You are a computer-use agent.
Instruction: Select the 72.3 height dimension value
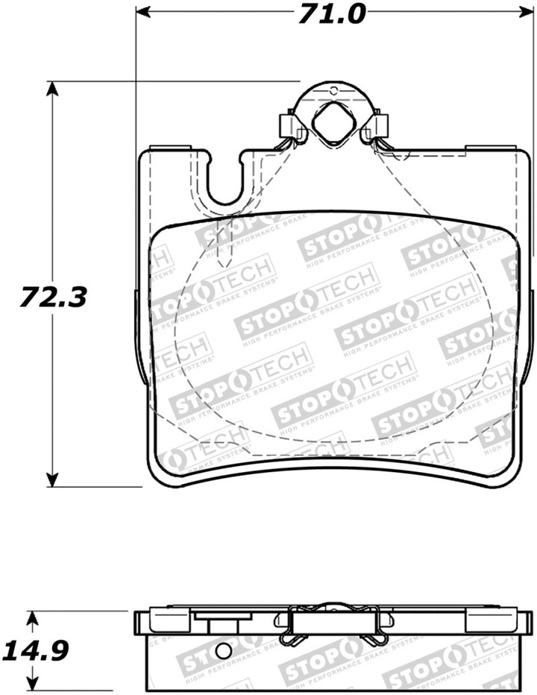(64, 298)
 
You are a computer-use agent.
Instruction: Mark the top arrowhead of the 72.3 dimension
(51, 89)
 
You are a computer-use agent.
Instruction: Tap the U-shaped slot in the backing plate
(224, 183)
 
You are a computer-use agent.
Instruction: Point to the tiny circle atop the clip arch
(333, 91)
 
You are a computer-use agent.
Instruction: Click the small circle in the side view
(223, 650)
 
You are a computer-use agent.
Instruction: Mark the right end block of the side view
(488, 621)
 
